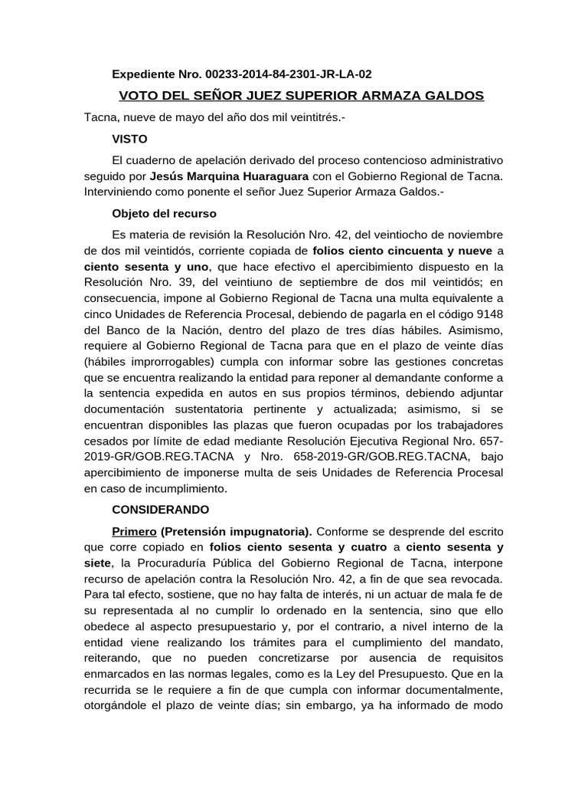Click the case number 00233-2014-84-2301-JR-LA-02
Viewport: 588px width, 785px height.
[x=289, y=74]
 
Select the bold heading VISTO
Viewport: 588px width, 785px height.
[x=129, y=140]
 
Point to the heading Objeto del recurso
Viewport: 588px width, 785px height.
[x=164, y=213]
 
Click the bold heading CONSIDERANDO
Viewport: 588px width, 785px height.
[x=160, y=509]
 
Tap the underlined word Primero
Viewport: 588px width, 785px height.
[x=134, y=531]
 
